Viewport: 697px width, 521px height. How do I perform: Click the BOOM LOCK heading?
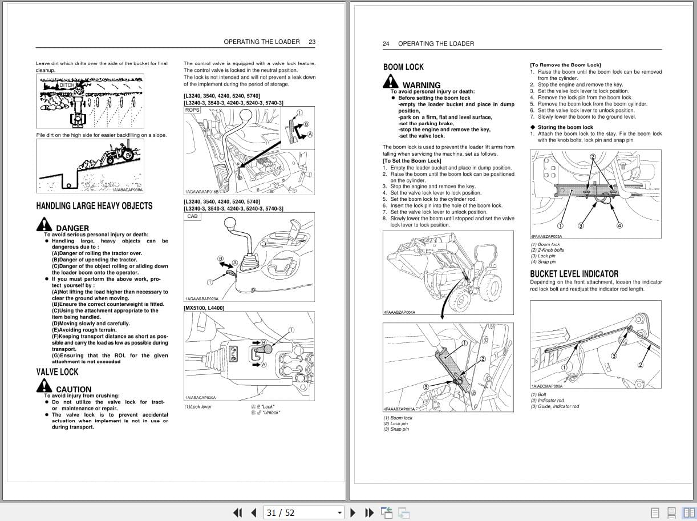[x=403, y=67]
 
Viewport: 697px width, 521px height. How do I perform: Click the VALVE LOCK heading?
[x=57, y=372]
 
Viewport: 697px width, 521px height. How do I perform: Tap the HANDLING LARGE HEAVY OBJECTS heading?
[x=94, y=206]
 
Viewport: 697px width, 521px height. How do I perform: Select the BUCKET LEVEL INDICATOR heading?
[x=574, y=274]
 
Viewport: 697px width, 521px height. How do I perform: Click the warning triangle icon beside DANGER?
[x=44, y=225]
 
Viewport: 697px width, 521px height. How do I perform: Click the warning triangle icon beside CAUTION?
[x=44, y=386]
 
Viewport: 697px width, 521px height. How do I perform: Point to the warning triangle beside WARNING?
[x=391, y=82]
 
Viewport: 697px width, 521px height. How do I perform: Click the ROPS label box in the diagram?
[x=192, y=110]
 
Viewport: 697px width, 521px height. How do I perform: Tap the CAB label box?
[x=192, y=216]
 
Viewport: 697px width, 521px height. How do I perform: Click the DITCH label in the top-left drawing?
[x=67, y=85]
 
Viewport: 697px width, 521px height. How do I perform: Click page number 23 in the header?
[x=312, y=42]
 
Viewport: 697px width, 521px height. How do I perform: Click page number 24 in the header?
[x=386, y=43]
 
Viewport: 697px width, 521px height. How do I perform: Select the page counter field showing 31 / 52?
[x=304, y=512]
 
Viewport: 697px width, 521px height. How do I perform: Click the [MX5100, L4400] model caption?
[x=204, y=308]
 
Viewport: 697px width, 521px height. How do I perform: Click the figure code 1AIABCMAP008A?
[x=546, y=386]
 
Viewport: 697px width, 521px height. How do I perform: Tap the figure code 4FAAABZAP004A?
[x=399, y=312]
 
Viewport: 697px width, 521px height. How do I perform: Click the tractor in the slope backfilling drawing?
[x=121, y=152]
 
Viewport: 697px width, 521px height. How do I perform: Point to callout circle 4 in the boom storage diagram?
[x=619, y=225]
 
